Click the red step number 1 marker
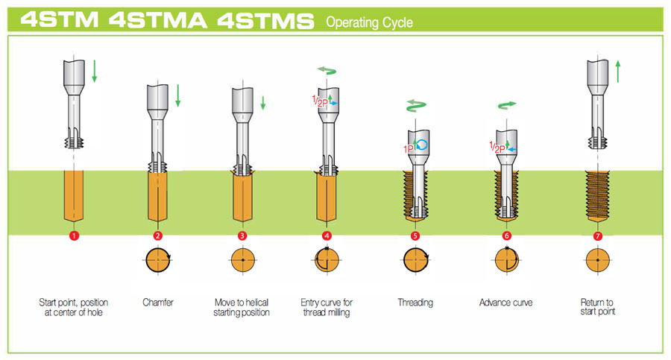73,236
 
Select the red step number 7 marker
597,236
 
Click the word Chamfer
158,303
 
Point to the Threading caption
415,303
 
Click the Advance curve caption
507,303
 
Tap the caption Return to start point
597,307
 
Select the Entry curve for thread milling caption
327,307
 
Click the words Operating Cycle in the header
369,22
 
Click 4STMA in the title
159,20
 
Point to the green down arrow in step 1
95,72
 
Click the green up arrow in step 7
618,72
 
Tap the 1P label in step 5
408,149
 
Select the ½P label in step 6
497,148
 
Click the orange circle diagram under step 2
158,262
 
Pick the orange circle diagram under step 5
415,262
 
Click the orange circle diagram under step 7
597,262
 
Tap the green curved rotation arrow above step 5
415,105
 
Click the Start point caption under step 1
73,307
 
